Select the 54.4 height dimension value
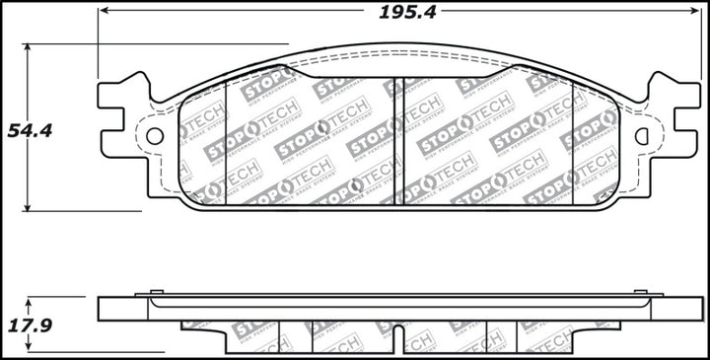(28, 130)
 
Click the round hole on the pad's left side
(154, 136)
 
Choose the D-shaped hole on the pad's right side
(642, 136)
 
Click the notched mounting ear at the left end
(120, 108)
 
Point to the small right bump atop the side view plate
(646, 292)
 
